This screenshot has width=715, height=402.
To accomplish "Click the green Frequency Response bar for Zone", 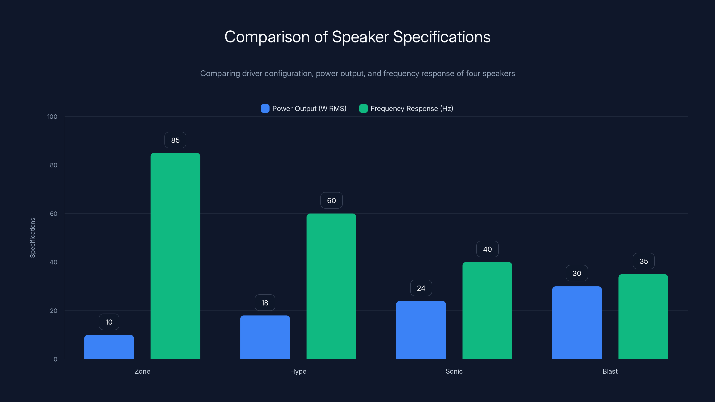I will pyautogui.click(x=175, y=255).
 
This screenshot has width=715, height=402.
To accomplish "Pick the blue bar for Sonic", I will pyautogui.click(x=421, y=330).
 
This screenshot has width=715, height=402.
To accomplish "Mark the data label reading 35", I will pyautogui.click(x=643, y=261).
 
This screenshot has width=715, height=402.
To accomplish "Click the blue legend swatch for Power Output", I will pyautogui.click(x=265, y=109).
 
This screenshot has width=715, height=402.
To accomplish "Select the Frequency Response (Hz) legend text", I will pyautogui.click(x=412, y=109).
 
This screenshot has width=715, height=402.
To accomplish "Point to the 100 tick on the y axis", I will pyautogui.click(x=52, y=117).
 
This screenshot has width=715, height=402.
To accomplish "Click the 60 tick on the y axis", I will pyautogui.click(x=54, y=214).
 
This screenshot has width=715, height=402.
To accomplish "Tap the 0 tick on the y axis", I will pyautogui.click(x=55, y=359).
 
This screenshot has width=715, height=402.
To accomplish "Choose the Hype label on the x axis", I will pyautogui.click(x=298, y=371).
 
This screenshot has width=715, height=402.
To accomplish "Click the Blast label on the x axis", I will pyautogui.click(x=610, y=371).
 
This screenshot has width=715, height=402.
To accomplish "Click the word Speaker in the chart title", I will pyautogui.click(x=360, y=37).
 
